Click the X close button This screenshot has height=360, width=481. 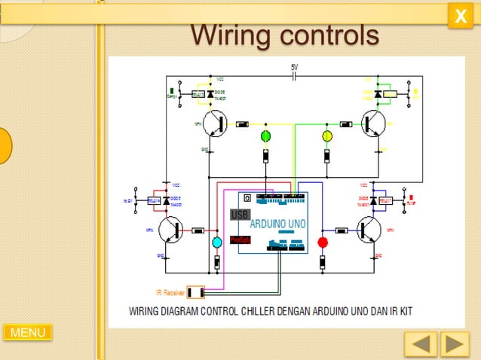(x=460, y=16)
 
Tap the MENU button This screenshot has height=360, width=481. (x=28, y=332)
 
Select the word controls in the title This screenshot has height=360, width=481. (x=329, y=34)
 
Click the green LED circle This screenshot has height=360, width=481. (x=266, y=136)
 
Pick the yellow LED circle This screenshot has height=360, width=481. (x=327, y=136)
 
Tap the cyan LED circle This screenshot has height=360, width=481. (x=217, y=242)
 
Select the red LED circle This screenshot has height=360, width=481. (x=323, y=242)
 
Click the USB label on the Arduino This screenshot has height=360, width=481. (x=239, y=215)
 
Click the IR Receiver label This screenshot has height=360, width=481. (x=170, y=292)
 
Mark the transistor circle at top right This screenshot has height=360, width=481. (x=373, y=124)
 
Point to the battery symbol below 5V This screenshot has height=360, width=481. (x=296, y=76)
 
